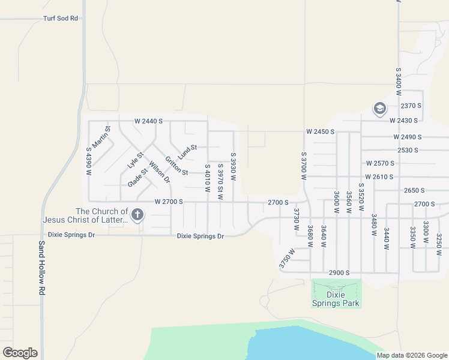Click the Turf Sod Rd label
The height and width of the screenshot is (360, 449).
[61, 19]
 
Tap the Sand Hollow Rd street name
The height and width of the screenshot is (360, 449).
[42, 268]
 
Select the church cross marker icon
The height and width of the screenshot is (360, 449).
[138, 214]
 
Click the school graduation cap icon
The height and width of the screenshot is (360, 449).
[379, 109]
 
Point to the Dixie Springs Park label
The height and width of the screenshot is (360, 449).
[335, 299]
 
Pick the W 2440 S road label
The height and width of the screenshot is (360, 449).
[148, 121]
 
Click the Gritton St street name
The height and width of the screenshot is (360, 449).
[176, 166]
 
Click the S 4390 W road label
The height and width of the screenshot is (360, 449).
[88, 161]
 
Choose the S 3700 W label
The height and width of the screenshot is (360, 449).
[304, 166]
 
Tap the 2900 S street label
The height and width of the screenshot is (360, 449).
[339, 273]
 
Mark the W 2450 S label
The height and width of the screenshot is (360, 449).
[320, 131]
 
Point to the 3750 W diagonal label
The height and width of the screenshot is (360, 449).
[287, 259]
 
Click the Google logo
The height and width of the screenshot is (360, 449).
[20, 353]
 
